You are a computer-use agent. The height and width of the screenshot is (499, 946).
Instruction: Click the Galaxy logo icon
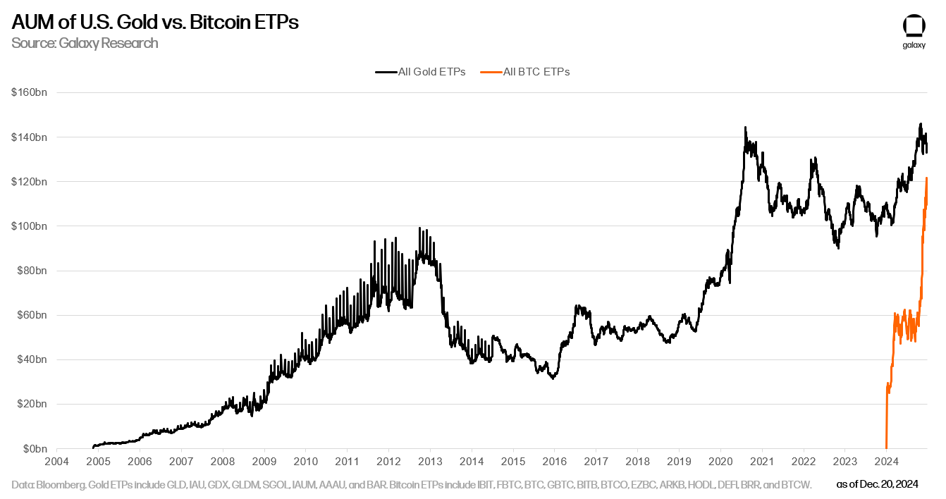914,25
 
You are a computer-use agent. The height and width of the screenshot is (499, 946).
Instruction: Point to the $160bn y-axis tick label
29,92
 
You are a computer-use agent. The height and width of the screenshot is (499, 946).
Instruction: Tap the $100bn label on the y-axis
29,226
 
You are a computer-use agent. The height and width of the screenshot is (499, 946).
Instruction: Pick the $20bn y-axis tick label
31,405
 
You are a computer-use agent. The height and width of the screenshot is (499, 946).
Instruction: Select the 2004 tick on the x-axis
57,462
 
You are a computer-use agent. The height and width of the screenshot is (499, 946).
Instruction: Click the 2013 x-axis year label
430,462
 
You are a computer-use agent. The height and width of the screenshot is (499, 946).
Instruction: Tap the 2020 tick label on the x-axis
720,462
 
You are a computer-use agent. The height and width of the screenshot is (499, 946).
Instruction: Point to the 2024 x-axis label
885,462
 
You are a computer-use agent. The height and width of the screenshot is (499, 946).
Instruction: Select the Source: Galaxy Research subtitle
85,43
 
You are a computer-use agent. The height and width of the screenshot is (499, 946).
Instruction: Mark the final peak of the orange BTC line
926,178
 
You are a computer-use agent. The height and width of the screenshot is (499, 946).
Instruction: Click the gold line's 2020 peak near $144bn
745,128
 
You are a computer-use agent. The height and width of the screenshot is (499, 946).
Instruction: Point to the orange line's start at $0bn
886,448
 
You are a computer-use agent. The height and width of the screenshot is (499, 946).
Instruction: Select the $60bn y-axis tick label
31,315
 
